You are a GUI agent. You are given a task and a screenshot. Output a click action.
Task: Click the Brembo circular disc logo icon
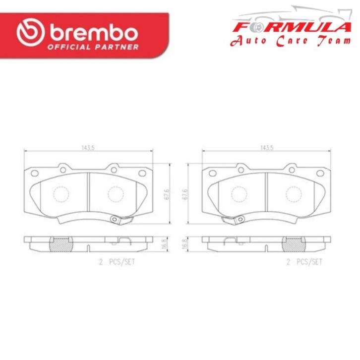(31, 32)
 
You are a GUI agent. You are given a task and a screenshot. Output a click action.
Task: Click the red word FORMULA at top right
(292, 27)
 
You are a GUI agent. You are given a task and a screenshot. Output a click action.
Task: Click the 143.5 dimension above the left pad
(88, 148)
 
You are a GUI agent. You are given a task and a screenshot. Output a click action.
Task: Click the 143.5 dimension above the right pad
(267, 148)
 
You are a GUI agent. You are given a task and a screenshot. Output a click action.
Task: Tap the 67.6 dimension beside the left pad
(167, 194)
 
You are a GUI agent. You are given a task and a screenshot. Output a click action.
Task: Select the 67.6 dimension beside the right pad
(185, 194)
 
